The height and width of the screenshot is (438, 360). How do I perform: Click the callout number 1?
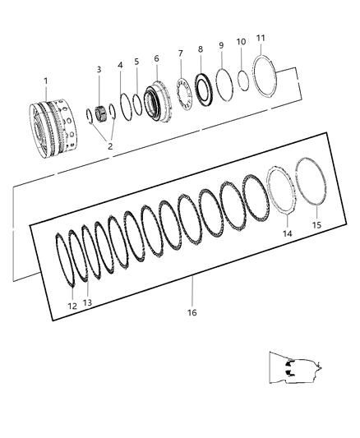point(47,81)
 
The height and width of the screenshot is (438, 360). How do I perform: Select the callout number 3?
point(99,70)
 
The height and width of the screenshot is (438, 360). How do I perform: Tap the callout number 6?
point(156,59)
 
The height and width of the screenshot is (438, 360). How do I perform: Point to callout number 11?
point(261,38)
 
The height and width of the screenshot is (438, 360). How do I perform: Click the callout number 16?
point(192,312)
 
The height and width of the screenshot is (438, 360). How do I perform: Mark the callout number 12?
point(72,306)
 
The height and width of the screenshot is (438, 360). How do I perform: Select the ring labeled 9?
point(221,83)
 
